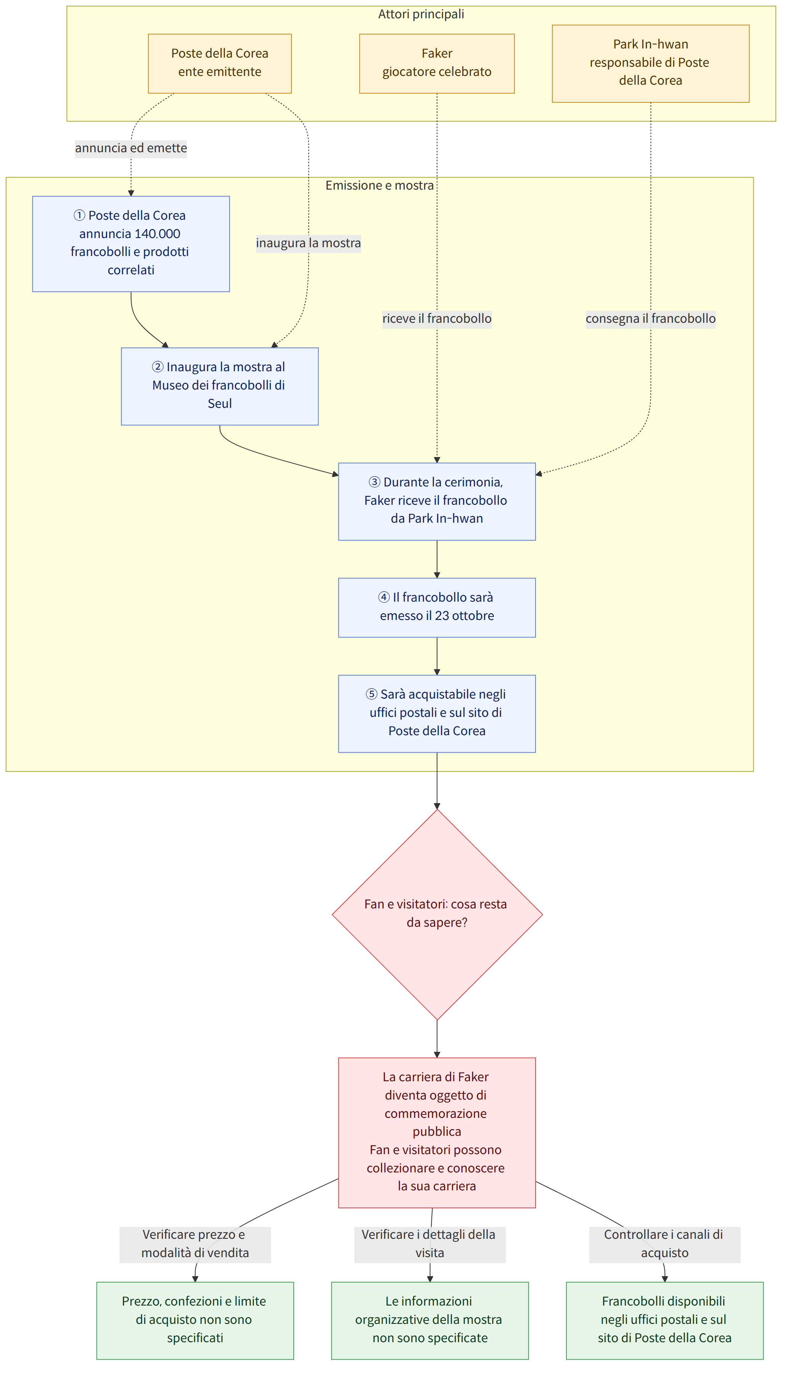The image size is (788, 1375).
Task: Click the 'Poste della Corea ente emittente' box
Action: tap(220, 63)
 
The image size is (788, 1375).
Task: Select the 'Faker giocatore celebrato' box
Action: tap(437, 63)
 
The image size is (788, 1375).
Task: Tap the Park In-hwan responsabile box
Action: tap(651, 63)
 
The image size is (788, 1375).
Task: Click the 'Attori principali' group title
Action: tap(421, 14)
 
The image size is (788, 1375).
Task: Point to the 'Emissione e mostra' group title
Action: tap(380, 185)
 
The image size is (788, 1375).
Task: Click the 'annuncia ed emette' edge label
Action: tap(131, 148)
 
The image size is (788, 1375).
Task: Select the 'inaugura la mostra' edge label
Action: tap(309, 243)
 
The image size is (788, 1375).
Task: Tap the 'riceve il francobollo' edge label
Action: tap(437, 318)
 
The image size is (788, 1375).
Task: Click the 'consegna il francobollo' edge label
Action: tap(651, 318)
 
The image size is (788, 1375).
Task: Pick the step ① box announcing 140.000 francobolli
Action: tap(131, 244)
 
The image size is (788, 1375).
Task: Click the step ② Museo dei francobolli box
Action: tap(220, 386)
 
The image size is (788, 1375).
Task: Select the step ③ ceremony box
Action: tap(437, 501)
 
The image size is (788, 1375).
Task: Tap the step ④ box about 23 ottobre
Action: tap(437, 607)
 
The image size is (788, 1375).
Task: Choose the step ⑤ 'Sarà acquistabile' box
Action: tap(437, 713)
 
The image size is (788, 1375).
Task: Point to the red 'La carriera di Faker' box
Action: tap(437, 1132)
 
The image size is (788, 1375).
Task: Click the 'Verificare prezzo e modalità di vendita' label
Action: tap(195, 1245)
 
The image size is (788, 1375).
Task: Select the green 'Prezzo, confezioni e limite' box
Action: tap(195, 1320)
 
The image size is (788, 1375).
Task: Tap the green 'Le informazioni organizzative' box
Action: tap(430, 1320)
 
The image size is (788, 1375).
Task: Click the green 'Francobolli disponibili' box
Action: tap(664, 1320)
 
